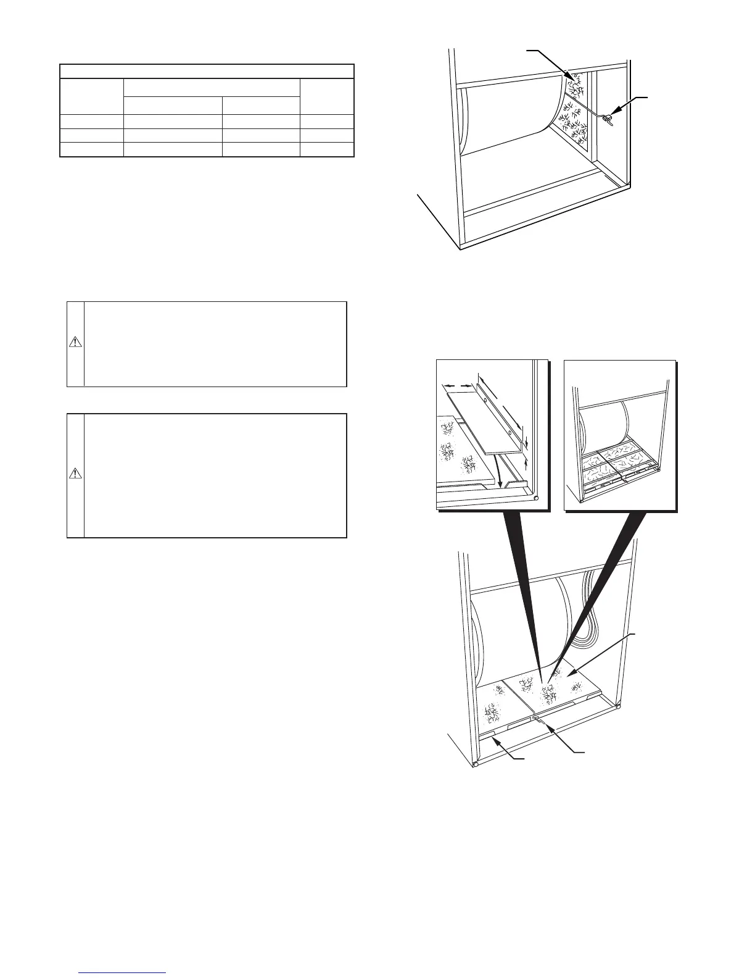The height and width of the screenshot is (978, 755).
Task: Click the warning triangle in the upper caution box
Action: point(75,343)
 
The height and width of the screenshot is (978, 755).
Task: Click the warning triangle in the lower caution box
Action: point(75,474)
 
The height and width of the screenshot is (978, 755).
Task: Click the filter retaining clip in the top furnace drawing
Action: point(608,115)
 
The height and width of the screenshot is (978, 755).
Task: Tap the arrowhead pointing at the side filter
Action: point(572,78)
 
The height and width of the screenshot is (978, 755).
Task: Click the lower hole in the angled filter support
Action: point(510,434)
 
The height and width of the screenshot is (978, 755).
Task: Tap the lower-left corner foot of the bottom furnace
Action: point(475,765)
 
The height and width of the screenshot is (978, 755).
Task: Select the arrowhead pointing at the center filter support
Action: point(537,720)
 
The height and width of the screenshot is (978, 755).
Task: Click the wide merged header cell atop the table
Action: point(207,70)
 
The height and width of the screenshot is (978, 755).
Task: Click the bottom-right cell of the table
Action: point(326,149)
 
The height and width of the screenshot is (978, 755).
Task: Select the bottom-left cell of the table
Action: point(92,149)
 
